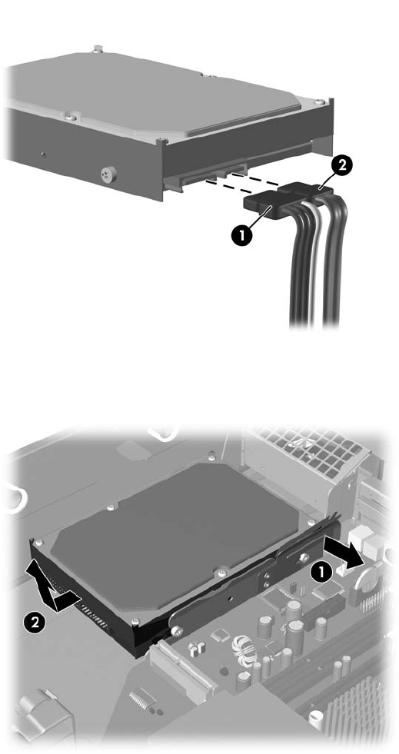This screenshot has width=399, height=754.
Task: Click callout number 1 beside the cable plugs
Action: coord(241,237)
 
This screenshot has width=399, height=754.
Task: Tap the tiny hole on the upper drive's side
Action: coord(45,154)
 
